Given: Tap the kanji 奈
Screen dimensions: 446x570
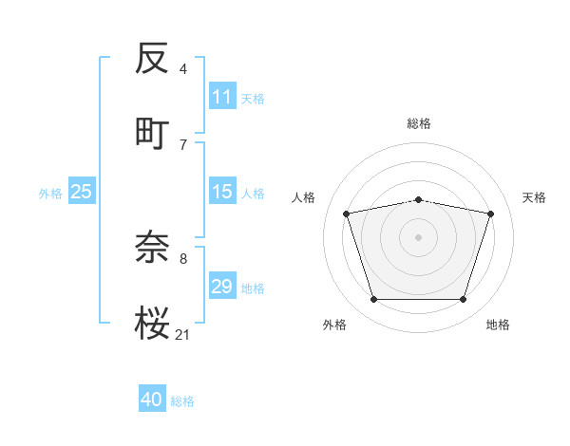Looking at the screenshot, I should (153, 248).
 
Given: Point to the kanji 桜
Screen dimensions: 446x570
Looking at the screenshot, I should (153, 321).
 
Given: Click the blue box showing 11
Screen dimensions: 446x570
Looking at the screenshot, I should (222, 97).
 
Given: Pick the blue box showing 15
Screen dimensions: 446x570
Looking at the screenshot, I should (222, 192).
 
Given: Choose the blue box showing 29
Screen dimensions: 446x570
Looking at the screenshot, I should (222, 287).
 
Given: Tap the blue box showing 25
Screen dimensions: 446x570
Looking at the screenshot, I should (82, 192).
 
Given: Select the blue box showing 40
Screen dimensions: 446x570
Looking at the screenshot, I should (152, 400).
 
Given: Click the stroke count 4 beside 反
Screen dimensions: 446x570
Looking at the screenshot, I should (183, 69).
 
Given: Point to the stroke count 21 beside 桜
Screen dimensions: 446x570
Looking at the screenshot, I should (183, 333).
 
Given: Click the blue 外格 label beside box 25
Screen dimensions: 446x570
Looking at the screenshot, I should (50, 193).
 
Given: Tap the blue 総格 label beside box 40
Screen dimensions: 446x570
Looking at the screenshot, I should (182, 400).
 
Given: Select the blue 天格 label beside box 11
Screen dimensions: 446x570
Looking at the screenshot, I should (253, 98).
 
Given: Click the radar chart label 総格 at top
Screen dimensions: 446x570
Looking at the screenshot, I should (419, 123).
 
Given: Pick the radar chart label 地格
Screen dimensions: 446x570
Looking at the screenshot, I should (498, 325).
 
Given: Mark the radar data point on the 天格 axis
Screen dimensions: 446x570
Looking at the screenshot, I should (490, 214).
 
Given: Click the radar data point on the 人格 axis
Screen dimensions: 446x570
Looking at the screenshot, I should (347, 214).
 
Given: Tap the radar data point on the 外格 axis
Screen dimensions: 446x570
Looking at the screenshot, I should (373, 300).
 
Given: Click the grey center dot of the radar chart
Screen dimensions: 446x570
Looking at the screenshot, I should (419, 236).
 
